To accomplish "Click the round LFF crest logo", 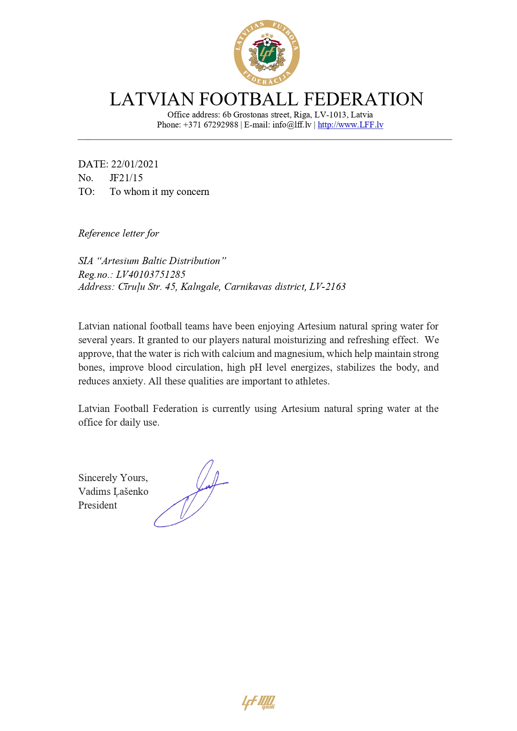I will coord(267,53).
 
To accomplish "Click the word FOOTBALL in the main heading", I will coord(249,100).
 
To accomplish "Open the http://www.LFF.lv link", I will coord(350,125).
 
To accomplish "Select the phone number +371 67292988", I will coord(211,125).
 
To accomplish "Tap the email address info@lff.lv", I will coord(292,125).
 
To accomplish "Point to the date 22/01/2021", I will coord(135,164).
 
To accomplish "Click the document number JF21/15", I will coord(126,178).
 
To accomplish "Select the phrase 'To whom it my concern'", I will coord(160,192).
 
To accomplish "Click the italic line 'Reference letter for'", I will coord(119,233).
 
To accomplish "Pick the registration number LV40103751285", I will coord(151,274).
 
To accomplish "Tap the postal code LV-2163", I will coord(327,287).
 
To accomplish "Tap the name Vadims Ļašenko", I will coord(113,491).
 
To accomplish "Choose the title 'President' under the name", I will coord(97,505).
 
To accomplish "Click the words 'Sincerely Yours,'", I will coord(113,478).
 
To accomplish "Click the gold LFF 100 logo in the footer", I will coord(259,702).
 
